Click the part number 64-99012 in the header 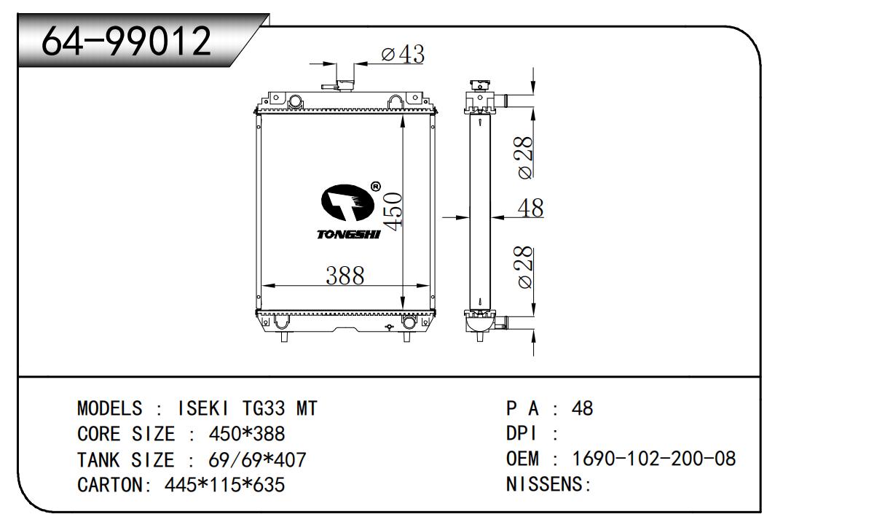126,40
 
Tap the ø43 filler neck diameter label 403,54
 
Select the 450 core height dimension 393,211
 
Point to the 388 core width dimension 345,276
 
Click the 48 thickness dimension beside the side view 530,208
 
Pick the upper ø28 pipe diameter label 524,157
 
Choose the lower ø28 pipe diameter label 524,267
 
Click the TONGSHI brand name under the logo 348,235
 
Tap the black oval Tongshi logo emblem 347,202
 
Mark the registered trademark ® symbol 376,187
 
